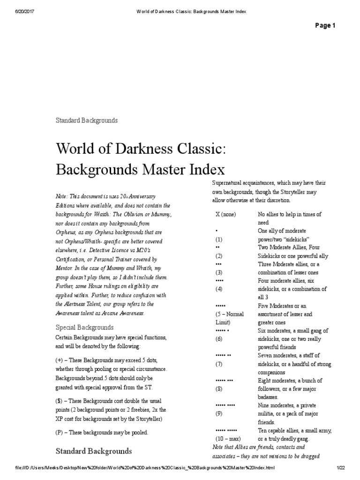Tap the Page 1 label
[x=326, y=26]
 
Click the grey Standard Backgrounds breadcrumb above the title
[x=87, y=120]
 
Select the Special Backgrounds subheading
[x=84, y=327]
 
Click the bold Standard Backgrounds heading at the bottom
[x=94, y=451]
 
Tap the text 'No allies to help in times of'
[x=290, y=214]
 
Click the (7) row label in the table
[x=218, y=364]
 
